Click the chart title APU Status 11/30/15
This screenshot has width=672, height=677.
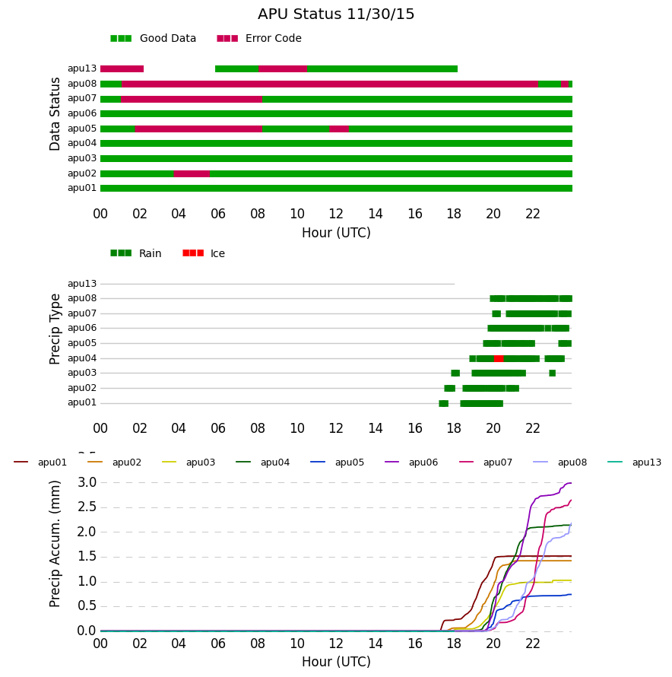(x=336, y=14)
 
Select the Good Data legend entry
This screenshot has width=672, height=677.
(x=154, y=39)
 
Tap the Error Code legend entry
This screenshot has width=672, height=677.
(x=259, y=39)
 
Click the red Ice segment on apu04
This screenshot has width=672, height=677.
(x=499, y=358)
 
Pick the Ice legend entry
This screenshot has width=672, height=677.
(x=204, y=253)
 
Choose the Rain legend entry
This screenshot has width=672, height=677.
(x=136, y=253)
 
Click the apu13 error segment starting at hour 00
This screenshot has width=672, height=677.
(x=122, y=69)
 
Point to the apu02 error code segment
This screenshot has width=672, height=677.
(x=192, y=174)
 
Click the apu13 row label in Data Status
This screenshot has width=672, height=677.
(x=82, y=68)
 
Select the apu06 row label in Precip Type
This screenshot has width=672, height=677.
(x=82, y=328)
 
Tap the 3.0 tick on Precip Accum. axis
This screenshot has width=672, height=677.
(x=87, y=483)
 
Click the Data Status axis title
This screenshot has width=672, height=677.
(x=55, y=114)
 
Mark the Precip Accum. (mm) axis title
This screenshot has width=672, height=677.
(x=55, y=544)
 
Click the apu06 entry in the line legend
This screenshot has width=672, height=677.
(x=411, y=462)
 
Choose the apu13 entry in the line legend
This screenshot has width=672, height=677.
(x=635, y=462)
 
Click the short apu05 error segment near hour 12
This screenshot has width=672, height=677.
(x=339, y=129)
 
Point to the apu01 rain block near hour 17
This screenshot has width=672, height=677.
(x=444, y=404)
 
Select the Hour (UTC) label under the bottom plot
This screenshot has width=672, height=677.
(x=336, y=662)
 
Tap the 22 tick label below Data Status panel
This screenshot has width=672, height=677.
(x=533, y=214)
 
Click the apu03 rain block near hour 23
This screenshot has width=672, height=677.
(x=553, y=373)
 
